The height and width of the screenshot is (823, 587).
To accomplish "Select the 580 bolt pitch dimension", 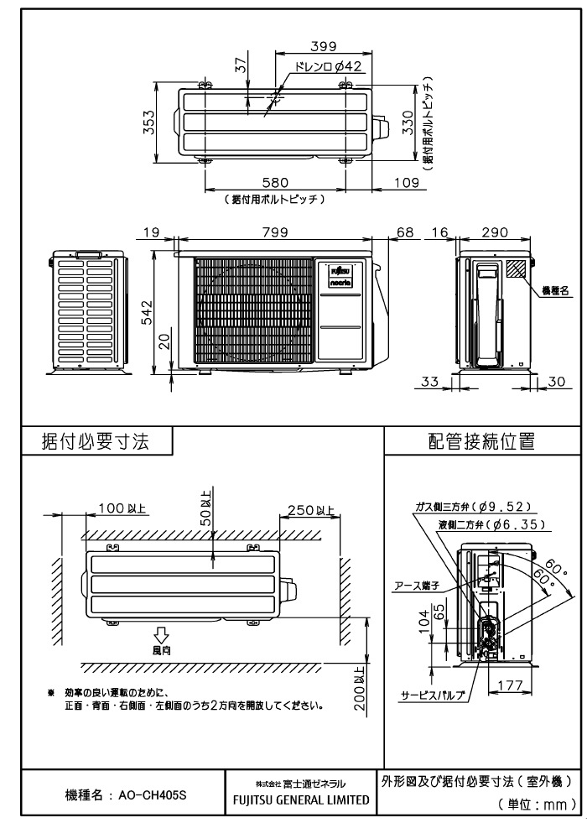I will (x=274, y=182).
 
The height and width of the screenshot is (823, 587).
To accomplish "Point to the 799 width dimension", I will (x=273, y=233).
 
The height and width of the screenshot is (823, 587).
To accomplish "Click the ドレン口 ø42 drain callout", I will (x=328, y=66).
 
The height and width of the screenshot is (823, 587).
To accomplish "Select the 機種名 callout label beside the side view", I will (x=555, y=290).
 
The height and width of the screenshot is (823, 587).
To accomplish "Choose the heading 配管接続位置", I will (x=481, y=443).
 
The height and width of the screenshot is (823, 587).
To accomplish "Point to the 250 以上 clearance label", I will (x=310, y=509).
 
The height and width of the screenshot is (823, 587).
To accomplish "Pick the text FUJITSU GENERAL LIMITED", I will (x=301, y=800).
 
